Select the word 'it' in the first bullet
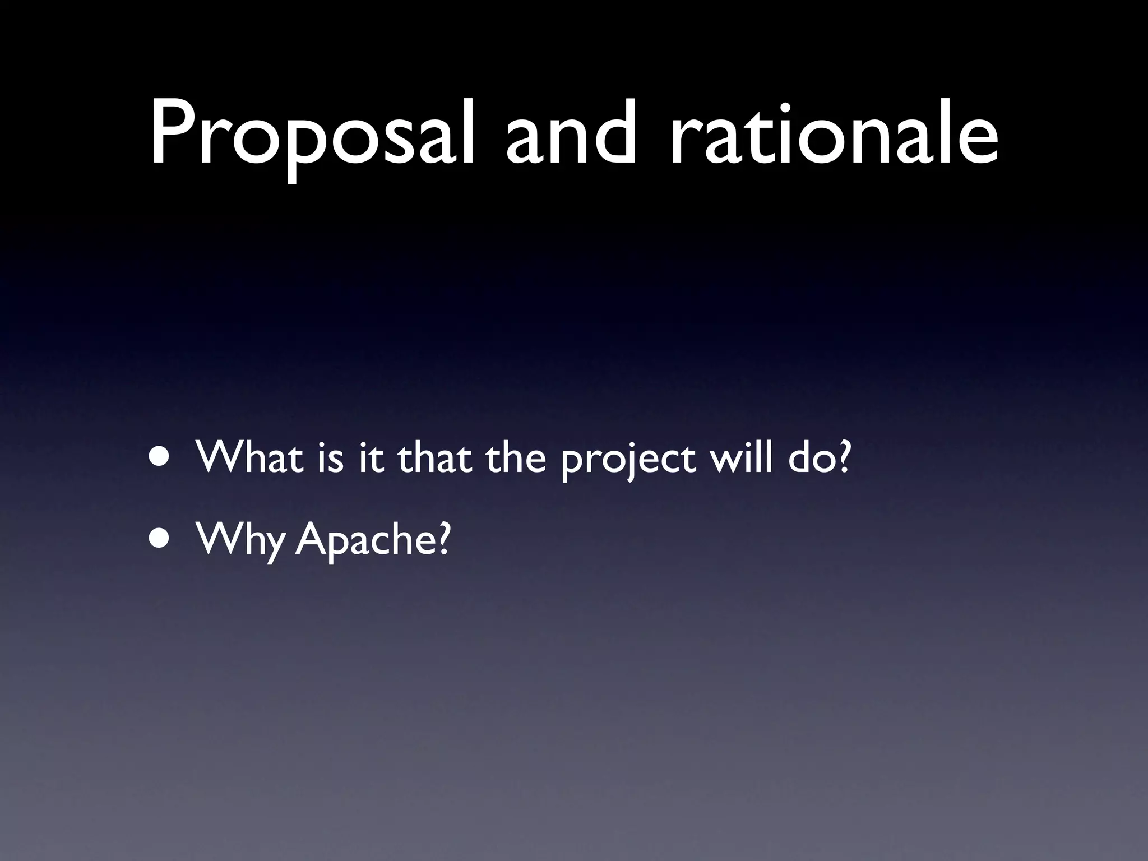coord(370,457)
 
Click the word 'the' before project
coord(516,457)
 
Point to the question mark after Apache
coord(442,539)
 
